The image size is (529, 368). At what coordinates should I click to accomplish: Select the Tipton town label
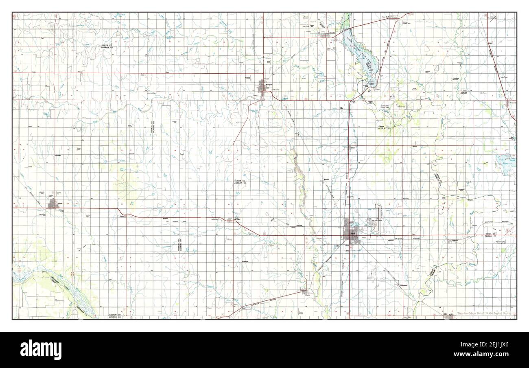click(x=451, y=315)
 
